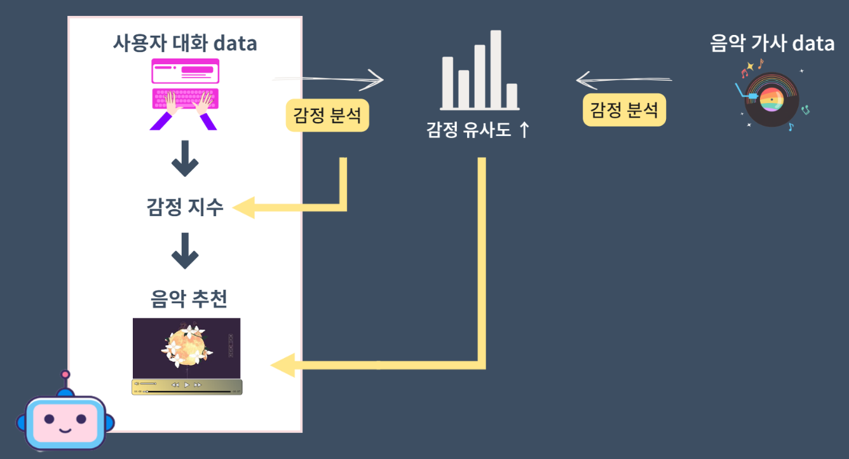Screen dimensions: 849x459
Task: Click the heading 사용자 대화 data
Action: (185, 43)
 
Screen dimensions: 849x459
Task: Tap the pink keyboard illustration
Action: (185, 99)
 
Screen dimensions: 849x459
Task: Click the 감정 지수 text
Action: (185, 207)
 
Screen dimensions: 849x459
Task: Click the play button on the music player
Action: (187, 385)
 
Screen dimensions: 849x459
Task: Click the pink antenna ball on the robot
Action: (65, 375)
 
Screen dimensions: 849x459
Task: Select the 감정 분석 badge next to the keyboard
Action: (327, 115)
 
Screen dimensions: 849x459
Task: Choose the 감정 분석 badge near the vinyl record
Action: (624, 110)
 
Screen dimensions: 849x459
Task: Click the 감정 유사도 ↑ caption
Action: (478, 130)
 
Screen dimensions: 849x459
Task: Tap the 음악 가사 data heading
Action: (772, 43)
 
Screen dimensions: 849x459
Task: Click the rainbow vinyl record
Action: (771, 99)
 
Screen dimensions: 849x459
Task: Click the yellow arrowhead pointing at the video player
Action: (283, 365)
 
